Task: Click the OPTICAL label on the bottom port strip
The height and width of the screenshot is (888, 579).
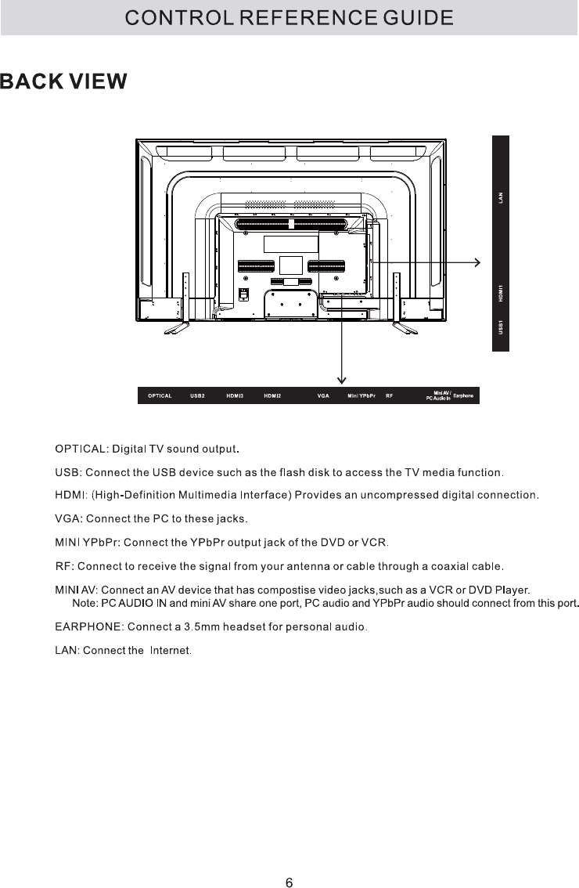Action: (160, 396)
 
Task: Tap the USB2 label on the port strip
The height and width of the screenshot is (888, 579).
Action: (197, 396)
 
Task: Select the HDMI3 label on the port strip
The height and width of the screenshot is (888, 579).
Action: (235, 396)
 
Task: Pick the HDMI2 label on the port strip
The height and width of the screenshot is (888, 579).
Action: (272, 396)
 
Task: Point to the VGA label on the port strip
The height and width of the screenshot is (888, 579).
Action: (322, 396)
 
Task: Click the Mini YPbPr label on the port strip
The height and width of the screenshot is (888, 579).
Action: (361, 396)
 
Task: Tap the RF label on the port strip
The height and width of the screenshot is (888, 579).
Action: (389, 396)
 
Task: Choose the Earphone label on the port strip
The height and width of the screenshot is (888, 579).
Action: (464, 396)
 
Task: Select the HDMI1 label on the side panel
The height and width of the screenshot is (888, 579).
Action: (501, 293)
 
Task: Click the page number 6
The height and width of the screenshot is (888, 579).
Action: (289, 861)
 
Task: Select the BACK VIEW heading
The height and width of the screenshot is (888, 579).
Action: (63, 82)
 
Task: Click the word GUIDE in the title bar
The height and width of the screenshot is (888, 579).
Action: (419, 17)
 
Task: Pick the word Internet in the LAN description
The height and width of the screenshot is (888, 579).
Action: (170, 651)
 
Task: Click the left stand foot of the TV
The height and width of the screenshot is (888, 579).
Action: (176, 329)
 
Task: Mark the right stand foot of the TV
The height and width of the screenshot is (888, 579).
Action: (405, 329)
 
